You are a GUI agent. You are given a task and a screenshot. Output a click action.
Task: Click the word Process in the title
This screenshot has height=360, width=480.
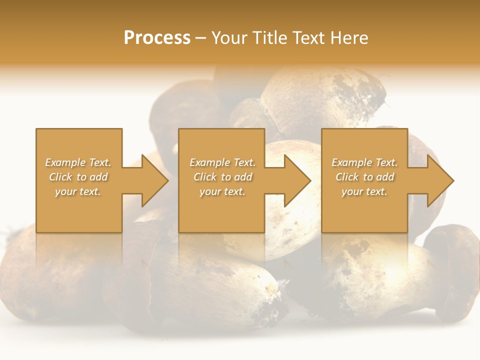157,38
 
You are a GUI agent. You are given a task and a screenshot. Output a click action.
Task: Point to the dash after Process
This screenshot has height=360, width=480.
201,38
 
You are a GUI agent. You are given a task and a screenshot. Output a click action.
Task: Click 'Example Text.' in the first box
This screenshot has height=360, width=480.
78,162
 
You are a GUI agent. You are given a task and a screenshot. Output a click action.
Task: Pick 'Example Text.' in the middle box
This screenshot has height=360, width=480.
222,162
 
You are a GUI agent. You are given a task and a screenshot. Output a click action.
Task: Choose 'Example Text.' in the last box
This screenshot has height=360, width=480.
364,162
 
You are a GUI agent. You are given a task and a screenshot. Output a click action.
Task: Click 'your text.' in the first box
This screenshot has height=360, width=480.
78,191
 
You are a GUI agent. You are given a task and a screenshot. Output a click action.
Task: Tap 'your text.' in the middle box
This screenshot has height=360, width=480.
222,191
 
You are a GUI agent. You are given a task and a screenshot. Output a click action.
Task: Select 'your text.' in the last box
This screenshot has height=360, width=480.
364,191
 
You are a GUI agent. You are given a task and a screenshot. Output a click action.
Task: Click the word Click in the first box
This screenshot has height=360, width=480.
60,177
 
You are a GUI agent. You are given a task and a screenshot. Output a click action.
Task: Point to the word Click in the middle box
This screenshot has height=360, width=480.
205,177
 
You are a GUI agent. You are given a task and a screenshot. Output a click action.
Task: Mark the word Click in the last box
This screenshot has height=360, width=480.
347,177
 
